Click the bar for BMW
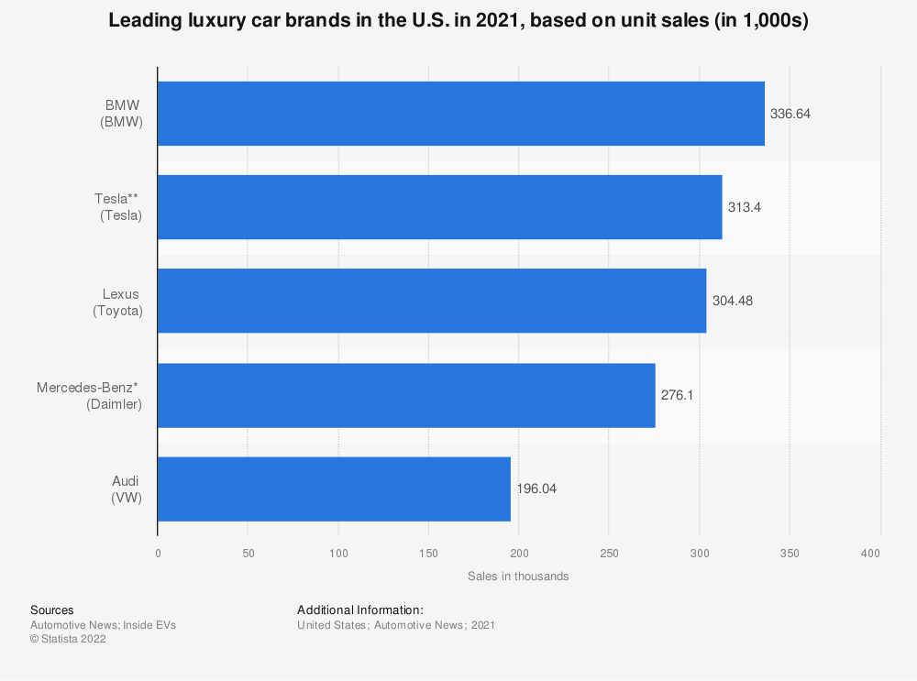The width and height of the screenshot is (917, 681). (460, 114)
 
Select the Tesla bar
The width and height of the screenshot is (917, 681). (439, 207)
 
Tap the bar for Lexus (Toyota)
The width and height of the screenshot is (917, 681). (431, 301)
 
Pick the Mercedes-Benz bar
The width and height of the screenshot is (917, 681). (406, 395)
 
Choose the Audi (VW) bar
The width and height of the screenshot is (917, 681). (334, 489)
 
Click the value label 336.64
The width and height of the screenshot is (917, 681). (790, 114)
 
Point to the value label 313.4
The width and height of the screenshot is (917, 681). (745, 207)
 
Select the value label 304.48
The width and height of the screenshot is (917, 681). (732, 301)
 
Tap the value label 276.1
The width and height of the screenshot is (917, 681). (677, 395)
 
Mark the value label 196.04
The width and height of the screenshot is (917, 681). (536, 489)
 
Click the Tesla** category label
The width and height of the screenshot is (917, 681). (121, 207)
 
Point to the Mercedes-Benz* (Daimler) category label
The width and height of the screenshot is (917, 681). (90, 395)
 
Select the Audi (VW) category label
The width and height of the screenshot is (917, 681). (126, 489)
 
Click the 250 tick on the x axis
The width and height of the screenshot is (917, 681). (609, 553)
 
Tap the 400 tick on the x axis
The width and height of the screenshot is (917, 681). (871, 553)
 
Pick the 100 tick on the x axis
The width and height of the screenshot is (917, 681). (337, 553)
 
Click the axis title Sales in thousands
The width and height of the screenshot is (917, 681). (518, 577)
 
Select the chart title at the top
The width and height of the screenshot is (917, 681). (458, 21)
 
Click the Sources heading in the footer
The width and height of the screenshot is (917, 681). (52, 610)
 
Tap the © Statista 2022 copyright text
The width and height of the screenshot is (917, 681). (68, 640)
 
